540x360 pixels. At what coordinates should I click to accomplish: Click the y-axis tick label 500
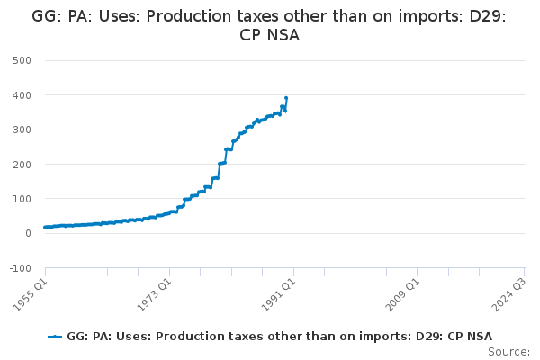[22, 60]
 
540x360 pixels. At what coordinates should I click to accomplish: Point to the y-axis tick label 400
[22, 95]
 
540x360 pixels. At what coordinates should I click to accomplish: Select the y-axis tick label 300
[22, 130]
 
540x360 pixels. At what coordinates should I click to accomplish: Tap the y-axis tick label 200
[22, 165]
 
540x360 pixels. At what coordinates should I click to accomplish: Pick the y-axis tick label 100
[22, 199]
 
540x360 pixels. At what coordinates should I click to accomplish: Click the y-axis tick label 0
[28, 233]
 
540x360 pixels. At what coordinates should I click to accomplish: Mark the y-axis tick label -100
[20, 268]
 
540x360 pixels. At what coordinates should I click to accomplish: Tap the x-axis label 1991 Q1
[276, 293]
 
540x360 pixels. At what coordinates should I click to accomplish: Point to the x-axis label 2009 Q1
[400, 293]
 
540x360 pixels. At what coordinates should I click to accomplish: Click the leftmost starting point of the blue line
[45, 227]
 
